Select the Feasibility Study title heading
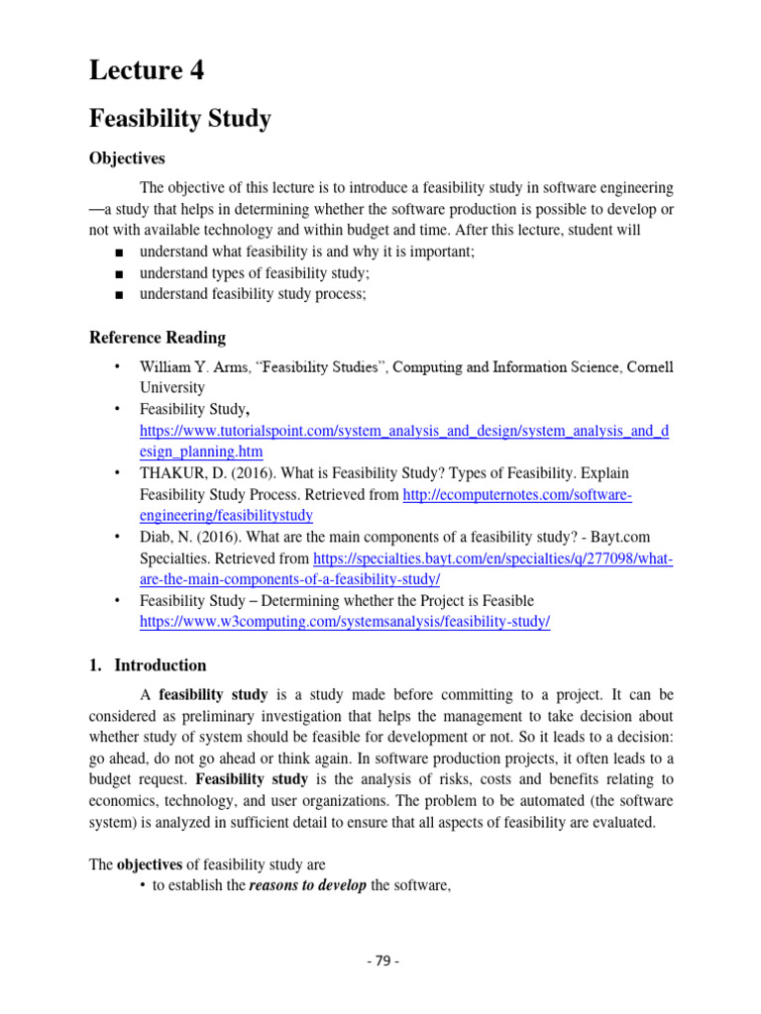tap(179, 120)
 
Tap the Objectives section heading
tap(127, 158)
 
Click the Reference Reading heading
tap(158, 338)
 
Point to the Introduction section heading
tap(161, 665)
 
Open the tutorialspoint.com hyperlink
tap(404, 431)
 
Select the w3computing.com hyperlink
tap(345, 622)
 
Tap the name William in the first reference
tap(167, 367)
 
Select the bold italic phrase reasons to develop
tap(307, 886)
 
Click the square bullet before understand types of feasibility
tap(119, 273)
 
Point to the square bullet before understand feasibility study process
tap(119, 295)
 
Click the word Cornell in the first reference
tap(649, 367)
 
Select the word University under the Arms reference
tap(172, 388)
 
